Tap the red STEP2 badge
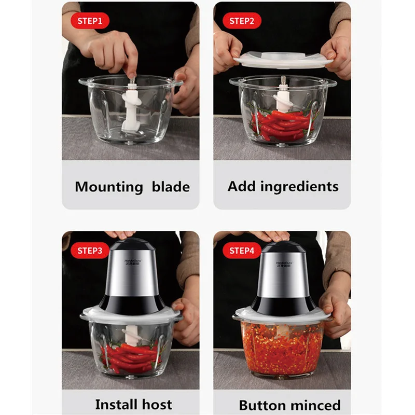[x=241, y=21]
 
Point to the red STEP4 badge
[x=241, y=251]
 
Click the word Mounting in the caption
[x=108, y=187]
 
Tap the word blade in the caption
[x=171, y=187]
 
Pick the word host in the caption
[x=157, y=404]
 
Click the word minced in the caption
[x=315, y=405]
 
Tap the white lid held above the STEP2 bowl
[x=283, y=58]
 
